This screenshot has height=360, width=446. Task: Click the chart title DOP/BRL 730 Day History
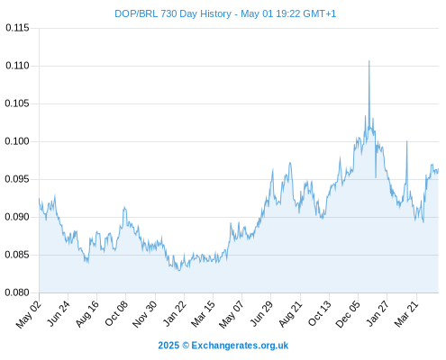click(x=173, y=13)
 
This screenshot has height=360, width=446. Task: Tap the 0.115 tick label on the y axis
click(x=17, y=28)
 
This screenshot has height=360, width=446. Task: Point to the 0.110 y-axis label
click(x=17, y=66)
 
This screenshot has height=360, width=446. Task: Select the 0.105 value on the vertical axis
click(x=17, y=103)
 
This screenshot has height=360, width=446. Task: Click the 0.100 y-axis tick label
click(x=17, y=141)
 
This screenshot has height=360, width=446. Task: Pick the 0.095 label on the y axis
click(x=17, y=179)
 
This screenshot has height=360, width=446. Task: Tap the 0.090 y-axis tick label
click(x=17, y=217)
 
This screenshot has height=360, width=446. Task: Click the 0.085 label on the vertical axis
click(x=17, y=255)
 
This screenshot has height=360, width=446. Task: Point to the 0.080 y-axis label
click(x=17, y=292)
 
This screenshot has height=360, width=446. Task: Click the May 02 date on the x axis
click(x=28, y=314)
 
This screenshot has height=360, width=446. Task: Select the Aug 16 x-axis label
click(x=87, y=314)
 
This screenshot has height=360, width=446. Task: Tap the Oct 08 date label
click(x=116, y=313)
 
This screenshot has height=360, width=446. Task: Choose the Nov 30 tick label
click(x=144, y=314)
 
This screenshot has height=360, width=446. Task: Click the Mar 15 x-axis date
click(x=204, y=314)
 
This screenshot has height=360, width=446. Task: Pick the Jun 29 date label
click(x=261, y=314)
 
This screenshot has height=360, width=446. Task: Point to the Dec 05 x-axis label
click(x=348, y=314)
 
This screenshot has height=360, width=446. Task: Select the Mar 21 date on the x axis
click(x=406, y=314)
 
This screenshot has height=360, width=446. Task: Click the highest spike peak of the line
click(x=369, y=61)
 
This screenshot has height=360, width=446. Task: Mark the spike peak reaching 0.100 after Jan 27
click(x=407, y=141)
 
